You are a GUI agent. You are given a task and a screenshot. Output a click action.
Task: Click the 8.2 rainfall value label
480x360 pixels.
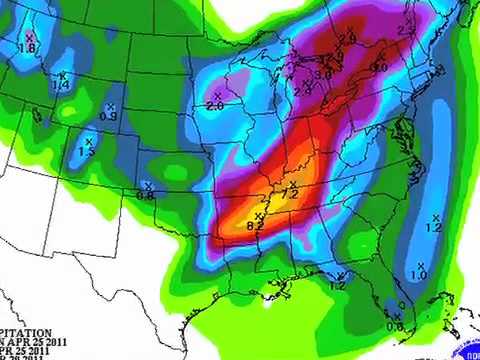pos(254,228)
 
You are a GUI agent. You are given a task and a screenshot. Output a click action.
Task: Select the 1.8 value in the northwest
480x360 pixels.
pos(28,48)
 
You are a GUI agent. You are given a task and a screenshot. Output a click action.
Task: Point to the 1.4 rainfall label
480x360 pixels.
pos(61,86)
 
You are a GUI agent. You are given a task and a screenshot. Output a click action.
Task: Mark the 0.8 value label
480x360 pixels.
pos(145,195)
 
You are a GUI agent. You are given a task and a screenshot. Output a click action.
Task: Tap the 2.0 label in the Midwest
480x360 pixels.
pos(214,105)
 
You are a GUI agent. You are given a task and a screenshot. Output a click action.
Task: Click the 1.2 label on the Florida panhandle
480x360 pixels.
pos(337,286)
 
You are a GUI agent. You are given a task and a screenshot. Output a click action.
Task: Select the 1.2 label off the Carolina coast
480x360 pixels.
pos(434,228)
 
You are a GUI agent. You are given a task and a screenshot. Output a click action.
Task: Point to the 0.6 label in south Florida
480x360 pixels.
pos(395,326)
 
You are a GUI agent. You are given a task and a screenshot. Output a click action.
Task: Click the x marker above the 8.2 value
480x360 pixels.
pos(257,217)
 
